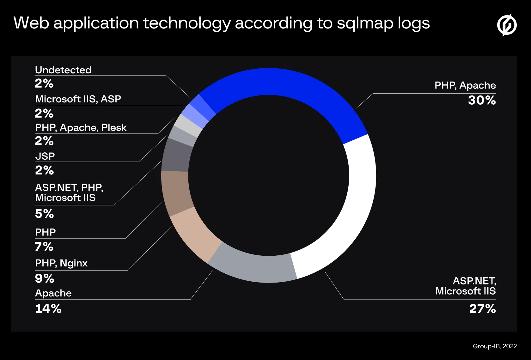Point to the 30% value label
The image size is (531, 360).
click(x=482, y=100)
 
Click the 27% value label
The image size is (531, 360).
click(x=483, y=309)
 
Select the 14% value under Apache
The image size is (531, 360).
click(x=48, y=309)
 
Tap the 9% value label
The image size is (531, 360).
click(x=45, y=279)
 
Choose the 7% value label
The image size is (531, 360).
click(x=44, y=247)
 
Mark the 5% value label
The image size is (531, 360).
click(x=44, y=214)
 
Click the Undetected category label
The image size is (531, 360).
click(x=63, y=70)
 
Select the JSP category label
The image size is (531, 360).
click(x=45, y=156)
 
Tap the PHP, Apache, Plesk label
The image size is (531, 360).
click(x=81, y=128)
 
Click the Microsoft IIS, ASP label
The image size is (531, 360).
click(x=78, y=99)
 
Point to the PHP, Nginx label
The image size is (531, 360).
click(x=61, y=263)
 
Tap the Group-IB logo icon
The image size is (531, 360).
click(x=507, y=25)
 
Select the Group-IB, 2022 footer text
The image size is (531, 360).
click(x=495, y=346)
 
